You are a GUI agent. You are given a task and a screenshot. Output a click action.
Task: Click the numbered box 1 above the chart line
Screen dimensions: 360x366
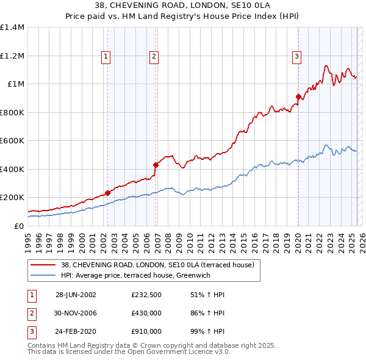[x=106, y=57]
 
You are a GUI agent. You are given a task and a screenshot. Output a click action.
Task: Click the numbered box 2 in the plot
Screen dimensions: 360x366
[x=154, y=57]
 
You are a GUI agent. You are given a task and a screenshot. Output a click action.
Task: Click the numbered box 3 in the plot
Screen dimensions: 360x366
[x=296, y=57]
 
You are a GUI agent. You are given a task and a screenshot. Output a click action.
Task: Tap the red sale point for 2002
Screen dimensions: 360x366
[x=108, y=193]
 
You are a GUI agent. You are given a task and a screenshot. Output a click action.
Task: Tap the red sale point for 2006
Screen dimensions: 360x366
[x=156, y=165]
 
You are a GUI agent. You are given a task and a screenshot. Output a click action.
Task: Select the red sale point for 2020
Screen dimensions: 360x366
[x=298, y=96]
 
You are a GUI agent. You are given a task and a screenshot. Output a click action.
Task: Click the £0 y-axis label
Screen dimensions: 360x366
[x=18, y=226]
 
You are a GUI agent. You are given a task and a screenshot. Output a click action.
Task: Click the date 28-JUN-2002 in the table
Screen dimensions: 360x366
[x=76, y=294]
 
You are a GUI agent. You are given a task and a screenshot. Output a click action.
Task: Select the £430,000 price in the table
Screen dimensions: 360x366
[x=146, y=313]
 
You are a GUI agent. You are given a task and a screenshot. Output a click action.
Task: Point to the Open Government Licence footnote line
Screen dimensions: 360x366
[x=129, y=352]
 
